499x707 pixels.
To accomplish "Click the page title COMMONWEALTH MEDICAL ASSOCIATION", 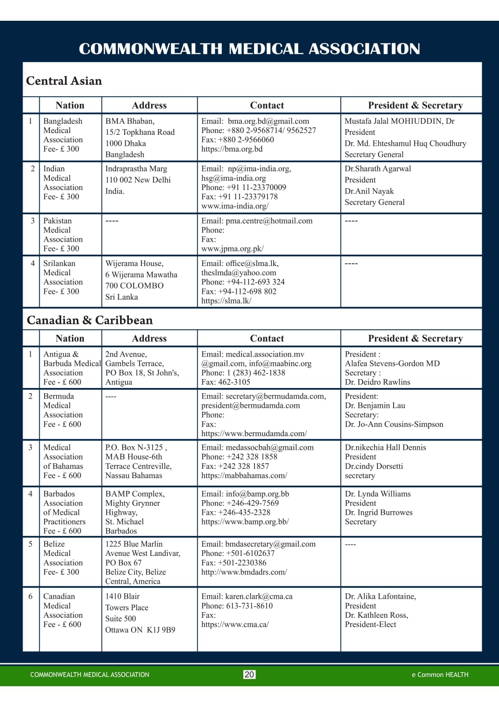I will (x=249, y=49).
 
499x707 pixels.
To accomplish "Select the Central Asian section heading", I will (x=64, y=81).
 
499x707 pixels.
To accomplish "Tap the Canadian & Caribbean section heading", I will (x=90, y=320).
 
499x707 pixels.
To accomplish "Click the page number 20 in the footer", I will (x=249, y=674).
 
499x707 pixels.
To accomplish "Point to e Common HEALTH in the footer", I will (x=440, y=674).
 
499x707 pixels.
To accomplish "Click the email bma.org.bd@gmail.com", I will (x=268, y=121).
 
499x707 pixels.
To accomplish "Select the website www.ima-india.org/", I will (x=235, y=206).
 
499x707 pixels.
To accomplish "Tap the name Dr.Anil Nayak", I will (x=369, y=191).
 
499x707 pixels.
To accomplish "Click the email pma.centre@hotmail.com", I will (x=269, y=221).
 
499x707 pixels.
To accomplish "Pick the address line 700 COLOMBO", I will (x=134, y=285).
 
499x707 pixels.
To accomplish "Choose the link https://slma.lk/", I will (x=226, y=301).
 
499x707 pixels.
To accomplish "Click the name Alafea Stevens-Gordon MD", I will (x=392, y=364).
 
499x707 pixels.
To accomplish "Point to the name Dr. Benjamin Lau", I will (x=375, y=406).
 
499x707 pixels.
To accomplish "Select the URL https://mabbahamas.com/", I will (x=244, y=475).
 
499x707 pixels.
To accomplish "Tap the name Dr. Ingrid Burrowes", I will (x=379, y=513).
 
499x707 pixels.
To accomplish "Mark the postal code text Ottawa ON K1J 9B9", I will (x=140, y=630).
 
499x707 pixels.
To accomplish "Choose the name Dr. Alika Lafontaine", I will (x=380, y=597).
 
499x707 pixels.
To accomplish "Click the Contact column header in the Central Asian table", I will (x=267, y=105).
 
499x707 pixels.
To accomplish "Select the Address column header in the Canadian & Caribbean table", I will (x=149, y=338).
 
